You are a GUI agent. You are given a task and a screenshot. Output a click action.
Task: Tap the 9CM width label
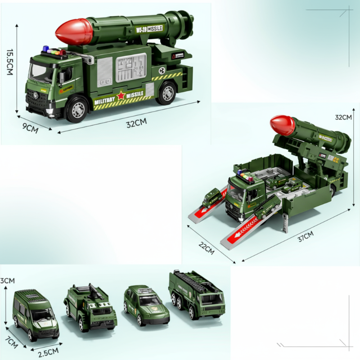click(x=30, y=128)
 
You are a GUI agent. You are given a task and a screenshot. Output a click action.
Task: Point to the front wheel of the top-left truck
click(x=77, y=109)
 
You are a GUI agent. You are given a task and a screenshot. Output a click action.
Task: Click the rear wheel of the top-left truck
click(x=167, y=92)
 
